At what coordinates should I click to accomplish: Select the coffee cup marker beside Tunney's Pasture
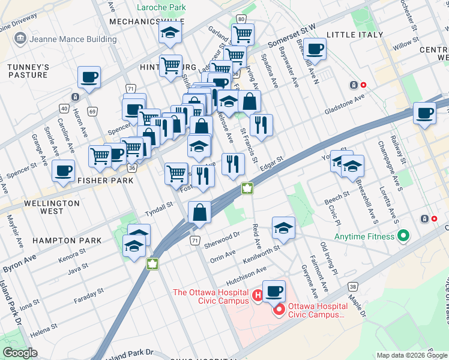click(x=89, y=77)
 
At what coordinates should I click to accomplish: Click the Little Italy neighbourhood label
click(x=355, y=35)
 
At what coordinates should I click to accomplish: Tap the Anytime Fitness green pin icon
click(x=403, y=236)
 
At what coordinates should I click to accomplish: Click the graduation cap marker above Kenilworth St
click(x=283, y=228)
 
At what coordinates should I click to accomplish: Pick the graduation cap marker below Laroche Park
click(x=170, y=34)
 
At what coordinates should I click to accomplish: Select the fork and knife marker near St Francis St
click(x=261, y=125)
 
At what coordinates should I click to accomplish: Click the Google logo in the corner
click(x=20, y=353)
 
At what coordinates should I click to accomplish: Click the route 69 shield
click(x=92, y=111)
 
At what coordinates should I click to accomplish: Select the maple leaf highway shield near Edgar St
click(x=246, y=189)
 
